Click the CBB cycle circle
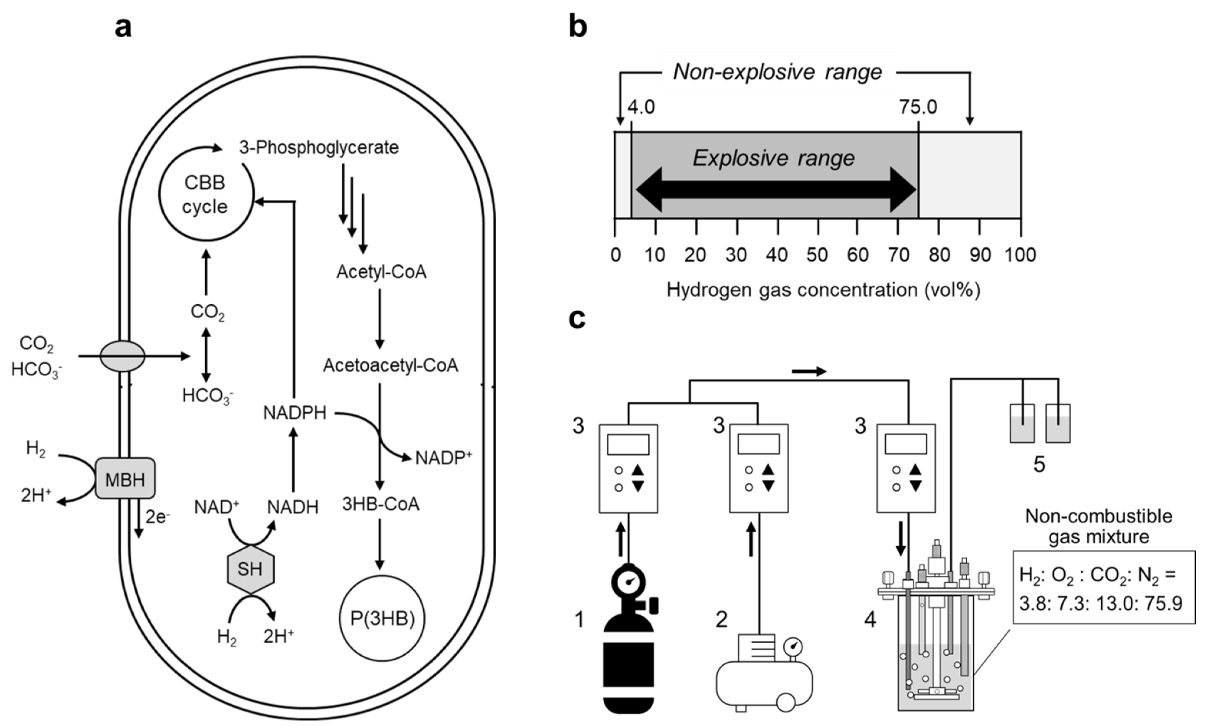[x=205, y=194]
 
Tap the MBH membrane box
[x=125, y=478]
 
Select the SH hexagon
[x=250, y=569]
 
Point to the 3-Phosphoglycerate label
[x=318, y=147]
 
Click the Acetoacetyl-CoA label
[x=390, y=365]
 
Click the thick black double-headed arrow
[x=776, y=189]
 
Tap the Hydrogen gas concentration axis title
[x=823, y=290]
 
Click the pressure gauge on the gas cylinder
[x=628, y=582]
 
